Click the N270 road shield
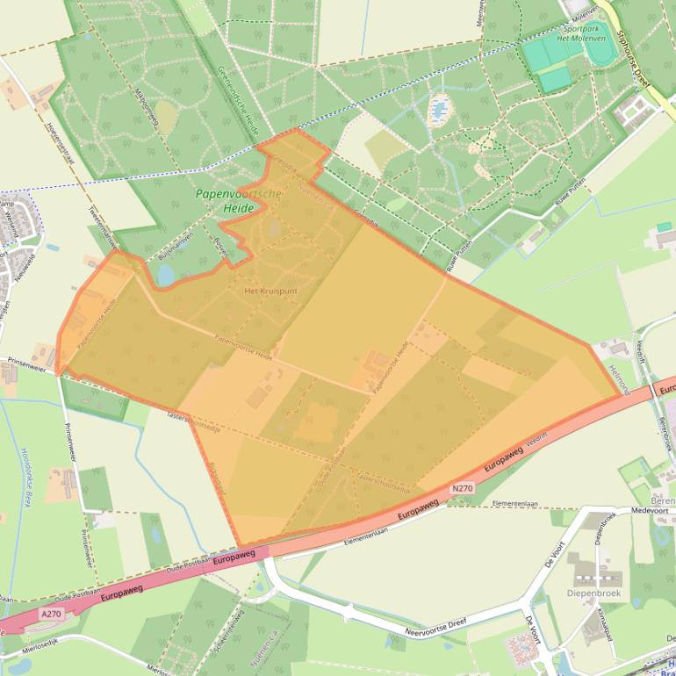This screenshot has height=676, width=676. [463, 488]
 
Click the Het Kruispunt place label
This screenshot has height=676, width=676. [263, 289]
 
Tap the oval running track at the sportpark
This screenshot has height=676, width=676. [600, 54]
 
